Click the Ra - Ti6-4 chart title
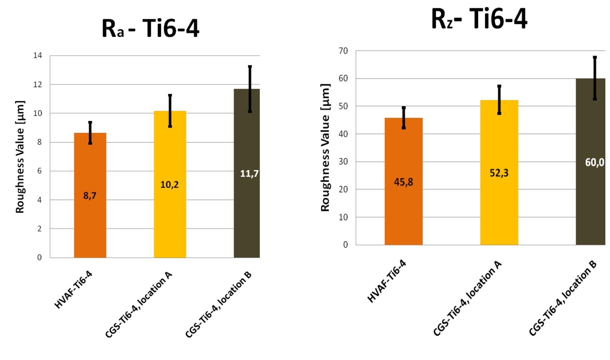tap(150, 30)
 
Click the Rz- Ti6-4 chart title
tap(479, 20)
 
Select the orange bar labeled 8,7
tap(90, 221)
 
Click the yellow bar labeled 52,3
tap(499, 207)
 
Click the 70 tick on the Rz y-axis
tap(343, 51)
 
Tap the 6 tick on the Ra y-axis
tap(40, 171)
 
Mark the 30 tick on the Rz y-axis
tap(343, 162)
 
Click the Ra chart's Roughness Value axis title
tap(20, 156)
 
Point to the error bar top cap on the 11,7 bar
tap(250, 66)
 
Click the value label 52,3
tap(499, 173)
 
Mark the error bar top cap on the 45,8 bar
tap(403, 107)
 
